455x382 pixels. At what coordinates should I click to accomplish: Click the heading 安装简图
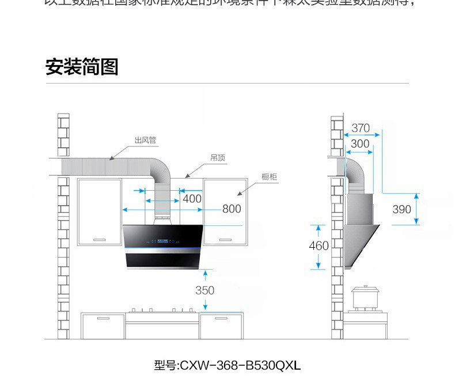tap(82, 67)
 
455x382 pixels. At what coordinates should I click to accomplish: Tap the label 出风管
tap(145, 140)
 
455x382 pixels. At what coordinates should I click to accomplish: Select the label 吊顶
tap(217, 157)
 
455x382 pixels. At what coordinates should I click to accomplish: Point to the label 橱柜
tap(269, 176)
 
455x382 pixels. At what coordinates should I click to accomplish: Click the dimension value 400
tap(192, 199)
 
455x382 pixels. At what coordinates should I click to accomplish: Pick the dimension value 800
tap(232, 209)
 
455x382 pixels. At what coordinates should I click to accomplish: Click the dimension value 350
tap(204, 290)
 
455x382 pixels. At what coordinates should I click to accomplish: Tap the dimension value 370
tap(361, 128)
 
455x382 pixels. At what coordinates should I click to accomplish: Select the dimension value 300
tap(360, 144)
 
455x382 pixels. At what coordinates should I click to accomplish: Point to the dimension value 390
tap(402, 209)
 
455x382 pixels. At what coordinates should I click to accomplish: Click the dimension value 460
tap(318, 246)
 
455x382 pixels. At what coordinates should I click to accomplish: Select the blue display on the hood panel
tap(162, 241)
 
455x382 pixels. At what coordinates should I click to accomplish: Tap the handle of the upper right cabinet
tap(226, 239)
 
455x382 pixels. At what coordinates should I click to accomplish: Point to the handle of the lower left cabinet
tap(104, 317)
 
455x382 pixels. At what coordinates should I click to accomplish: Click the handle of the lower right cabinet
tap(221, 317)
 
